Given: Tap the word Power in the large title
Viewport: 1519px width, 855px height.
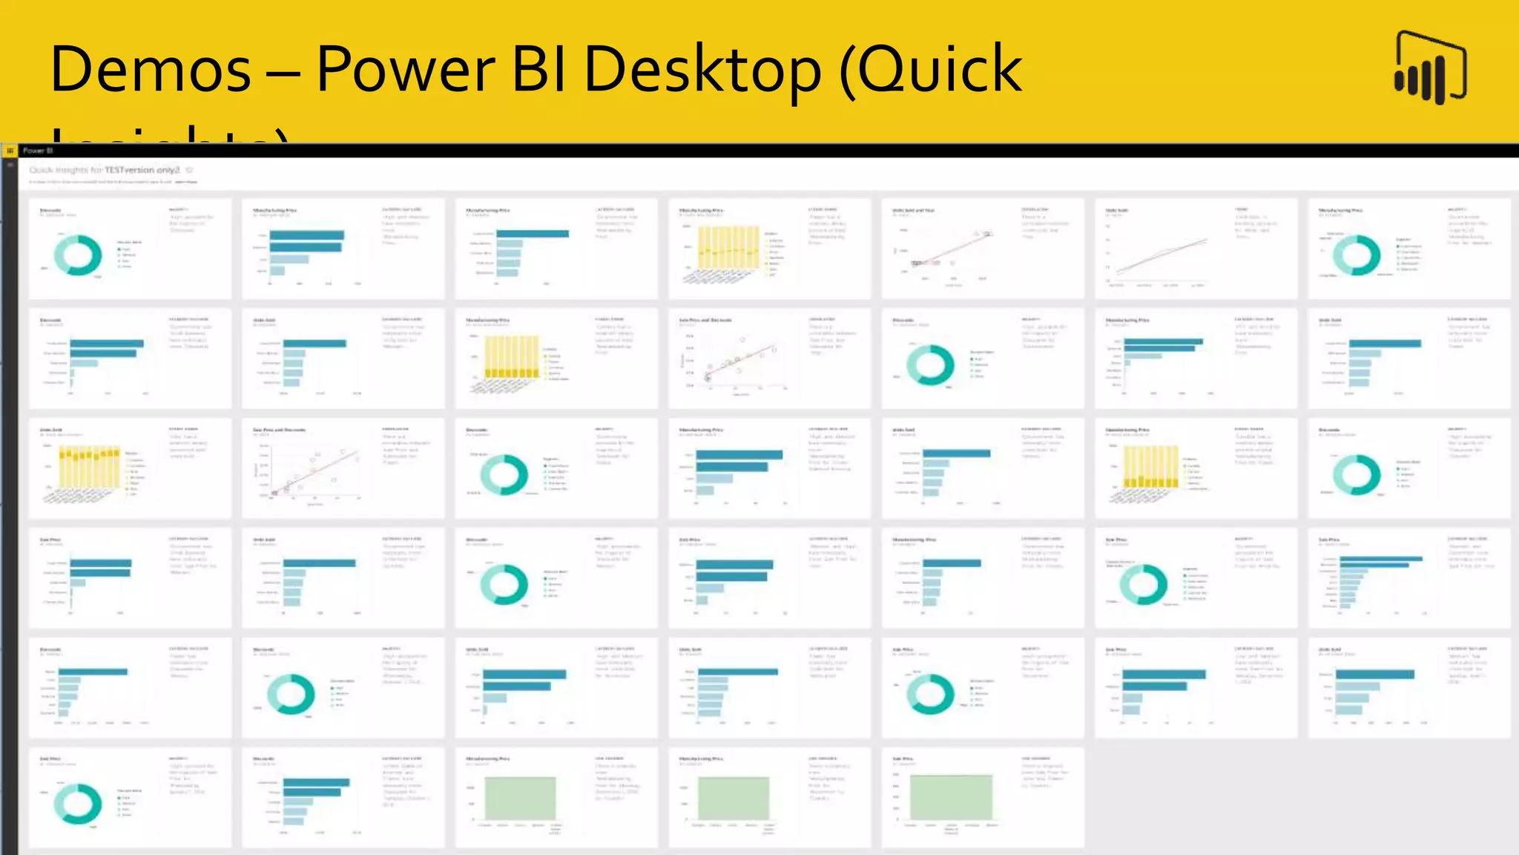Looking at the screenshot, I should [405, 70].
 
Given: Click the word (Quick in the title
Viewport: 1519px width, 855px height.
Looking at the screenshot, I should [932, 70].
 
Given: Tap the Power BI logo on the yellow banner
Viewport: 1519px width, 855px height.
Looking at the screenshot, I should [1430, 68].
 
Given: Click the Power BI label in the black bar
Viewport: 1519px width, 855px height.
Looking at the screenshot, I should [38, 151].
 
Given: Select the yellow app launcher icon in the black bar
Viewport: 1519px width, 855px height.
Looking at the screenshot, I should [10, 151].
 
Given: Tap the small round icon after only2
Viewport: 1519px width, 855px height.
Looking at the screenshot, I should [190, 170].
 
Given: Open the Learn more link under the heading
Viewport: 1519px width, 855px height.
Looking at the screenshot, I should [186, 182].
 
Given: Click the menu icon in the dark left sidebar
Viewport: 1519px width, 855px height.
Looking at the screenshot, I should [10, 165].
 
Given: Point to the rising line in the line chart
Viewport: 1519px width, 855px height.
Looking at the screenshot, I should [1162, 256].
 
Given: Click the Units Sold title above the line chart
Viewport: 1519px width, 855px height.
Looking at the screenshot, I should [1117, 211].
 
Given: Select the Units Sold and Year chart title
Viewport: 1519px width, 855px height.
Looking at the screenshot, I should [913, 211].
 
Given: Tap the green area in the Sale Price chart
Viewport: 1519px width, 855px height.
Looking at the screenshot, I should [951, 797].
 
